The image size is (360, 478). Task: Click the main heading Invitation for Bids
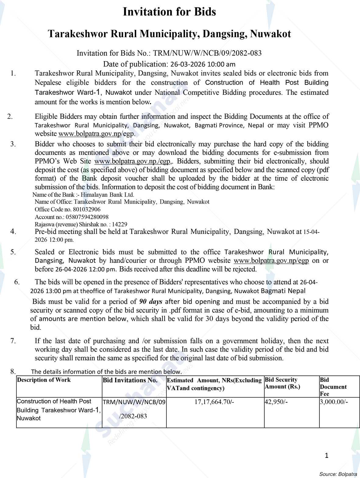[x=169, y=12]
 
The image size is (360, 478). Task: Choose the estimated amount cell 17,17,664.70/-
[x=214, y=402]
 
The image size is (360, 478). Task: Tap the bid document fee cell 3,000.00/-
[x=333, y=402]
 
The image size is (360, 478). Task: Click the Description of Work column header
[x=44, y=380]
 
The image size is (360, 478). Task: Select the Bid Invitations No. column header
[x=130, y=380]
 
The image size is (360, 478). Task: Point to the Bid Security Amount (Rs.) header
[x=282, y=383]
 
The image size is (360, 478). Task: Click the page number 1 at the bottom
[x=326, y=456]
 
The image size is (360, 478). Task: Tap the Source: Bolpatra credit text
[x=338, y=474]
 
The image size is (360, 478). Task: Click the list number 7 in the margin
[x=13, y=341]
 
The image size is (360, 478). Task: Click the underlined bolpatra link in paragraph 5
[x=271, y=261]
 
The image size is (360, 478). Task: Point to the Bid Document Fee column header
[x=333, y=387]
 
